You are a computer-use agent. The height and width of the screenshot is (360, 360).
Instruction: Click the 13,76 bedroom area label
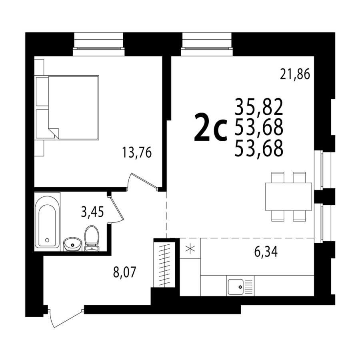[137, 152]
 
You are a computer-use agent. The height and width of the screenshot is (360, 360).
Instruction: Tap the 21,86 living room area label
[295, 74]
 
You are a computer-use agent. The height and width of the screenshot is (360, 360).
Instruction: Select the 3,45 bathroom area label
[92, 212]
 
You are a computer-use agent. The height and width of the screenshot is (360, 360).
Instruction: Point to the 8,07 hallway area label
[125, 272]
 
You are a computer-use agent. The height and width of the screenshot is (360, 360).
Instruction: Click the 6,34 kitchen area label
[266, 252]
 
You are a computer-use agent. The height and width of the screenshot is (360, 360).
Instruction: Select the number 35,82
[259, 107]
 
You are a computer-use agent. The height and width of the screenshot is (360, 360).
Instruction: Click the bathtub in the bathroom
[47, 222]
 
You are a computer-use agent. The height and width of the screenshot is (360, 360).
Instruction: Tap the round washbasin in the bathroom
[72, 244]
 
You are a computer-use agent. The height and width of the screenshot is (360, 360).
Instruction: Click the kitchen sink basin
[236, 287]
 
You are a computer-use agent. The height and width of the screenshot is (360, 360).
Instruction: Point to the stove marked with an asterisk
[190, 248]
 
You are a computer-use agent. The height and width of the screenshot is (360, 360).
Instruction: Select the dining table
[288, 196]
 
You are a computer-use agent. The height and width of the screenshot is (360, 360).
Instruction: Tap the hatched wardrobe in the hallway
[164, 264]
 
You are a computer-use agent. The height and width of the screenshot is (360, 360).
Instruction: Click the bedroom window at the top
[99, 44]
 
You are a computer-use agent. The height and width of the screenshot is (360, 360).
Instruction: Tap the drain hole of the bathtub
[47, 240]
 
